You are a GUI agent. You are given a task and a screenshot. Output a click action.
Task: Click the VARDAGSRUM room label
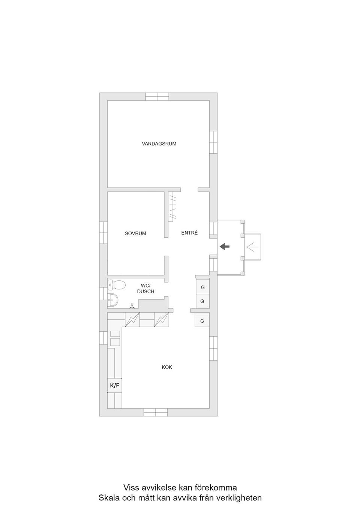click(x=159, y=144)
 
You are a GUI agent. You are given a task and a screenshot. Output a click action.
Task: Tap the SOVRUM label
click(x=135, y=234)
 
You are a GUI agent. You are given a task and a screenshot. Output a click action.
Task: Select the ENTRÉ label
click(x=189, y=233)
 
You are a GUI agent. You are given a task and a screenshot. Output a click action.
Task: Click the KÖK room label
click(x=167, y=367)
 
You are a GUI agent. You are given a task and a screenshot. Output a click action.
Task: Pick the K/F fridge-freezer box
click(x=114, y=385)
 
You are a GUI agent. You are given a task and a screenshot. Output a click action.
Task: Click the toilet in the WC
click(x=117, y=285)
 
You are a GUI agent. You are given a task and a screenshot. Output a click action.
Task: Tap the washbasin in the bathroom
click(x=113, y=300)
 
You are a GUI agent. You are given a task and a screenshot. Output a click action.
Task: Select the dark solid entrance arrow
click(x=225, y=246)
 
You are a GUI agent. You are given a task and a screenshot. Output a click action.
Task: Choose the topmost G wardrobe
click(x=202, y=287)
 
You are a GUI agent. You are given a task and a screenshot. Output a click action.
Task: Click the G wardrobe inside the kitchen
click(x=202, y=321)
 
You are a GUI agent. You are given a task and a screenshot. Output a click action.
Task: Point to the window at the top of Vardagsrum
click(x=157, y=97)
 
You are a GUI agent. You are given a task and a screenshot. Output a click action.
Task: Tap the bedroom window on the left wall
click(x=103, y=233)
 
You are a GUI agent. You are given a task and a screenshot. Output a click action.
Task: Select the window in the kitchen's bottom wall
click(x=156, y=412)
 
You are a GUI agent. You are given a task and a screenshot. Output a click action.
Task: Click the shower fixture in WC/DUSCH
click(x=132, y=306)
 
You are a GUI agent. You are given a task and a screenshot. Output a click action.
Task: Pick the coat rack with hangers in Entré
click(x=172, y=207)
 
